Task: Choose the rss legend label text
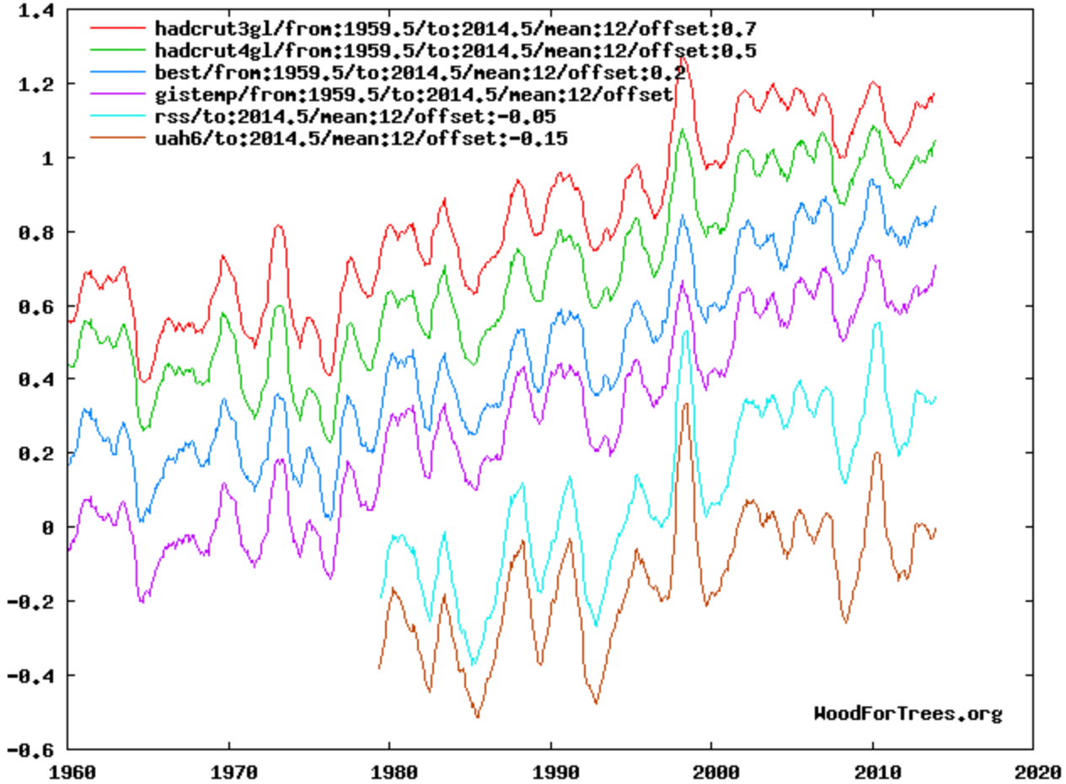[354, 115]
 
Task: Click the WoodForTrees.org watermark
[908, 714]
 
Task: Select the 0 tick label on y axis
[48, 527]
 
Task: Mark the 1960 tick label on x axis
[67, 771]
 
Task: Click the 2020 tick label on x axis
[1033, 771]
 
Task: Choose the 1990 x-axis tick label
[550, 771]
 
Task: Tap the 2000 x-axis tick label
[711, 771]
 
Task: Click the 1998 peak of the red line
[684, 56]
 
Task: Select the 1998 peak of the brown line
[686, 404]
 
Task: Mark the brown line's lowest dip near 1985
[477, 717]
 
